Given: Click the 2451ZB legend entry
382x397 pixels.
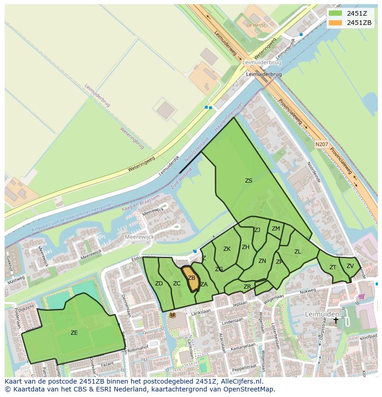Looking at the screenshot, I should (359, 23).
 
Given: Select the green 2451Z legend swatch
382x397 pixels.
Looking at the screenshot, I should (336, 13).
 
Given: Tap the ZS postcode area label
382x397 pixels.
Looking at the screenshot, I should (249, 181).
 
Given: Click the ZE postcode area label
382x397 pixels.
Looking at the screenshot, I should (74, 332).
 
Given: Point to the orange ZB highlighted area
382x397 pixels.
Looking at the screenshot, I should (192, 279).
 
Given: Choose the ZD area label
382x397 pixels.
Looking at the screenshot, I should (159, 284).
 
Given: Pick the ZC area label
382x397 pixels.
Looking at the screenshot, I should (177, 284).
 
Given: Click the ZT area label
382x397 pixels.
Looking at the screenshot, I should (333, 267).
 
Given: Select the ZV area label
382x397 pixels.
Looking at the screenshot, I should (350, 266).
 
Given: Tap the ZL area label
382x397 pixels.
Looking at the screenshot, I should (298, 252).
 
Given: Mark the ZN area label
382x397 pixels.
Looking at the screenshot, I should (262, 261).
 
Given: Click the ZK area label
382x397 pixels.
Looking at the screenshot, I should (227, 249).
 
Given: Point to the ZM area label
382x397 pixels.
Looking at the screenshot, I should (275, 229).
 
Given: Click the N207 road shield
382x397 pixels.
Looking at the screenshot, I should (322, 145).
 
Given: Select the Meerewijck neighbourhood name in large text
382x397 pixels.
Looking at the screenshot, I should (140, 237).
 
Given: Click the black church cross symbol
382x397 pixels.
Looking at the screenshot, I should (336, 320).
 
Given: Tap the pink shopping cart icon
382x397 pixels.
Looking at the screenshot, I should (361, 296).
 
